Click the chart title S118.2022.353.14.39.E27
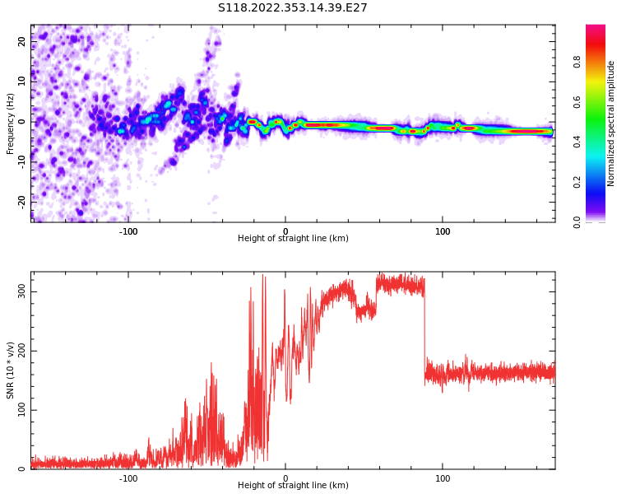[292, 8]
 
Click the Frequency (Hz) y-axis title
[11, 123]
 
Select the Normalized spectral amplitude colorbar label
[611, 123]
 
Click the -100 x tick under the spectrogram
[128, 231]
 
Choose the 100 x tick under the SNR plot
[443, 478]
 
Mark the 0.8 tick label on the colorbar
[578, 62]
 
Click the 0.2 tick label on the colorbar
[578, 182]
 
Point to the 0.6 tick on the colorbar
[578, 102]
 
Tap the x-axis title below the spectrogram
[293, 239]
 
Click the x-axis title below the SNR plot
[293, 486]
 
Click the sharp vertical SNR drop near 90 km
[425, 329]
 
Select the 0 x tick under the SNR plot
[285, 478]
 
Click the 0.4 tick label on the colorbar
[578, 142]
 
